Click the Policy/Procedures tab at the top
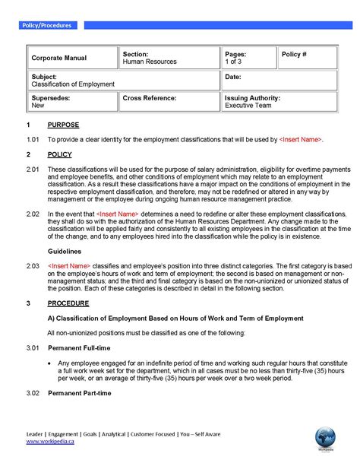(47, 25)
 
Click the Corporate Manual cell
(59, 58)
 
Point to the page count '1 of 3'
(235, 62)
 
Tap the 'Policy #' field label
(294, 55)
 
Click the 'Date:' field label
(233, 77)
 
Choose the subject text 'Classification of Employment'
(73, 84)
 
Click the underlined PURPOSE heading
(63, 125)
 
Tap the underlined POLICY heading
(59, 154)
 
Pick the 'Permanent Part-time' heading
(80, 393)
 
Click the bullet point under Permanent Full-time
(49, 363)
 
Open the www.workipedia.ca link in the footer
(50, 441)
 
